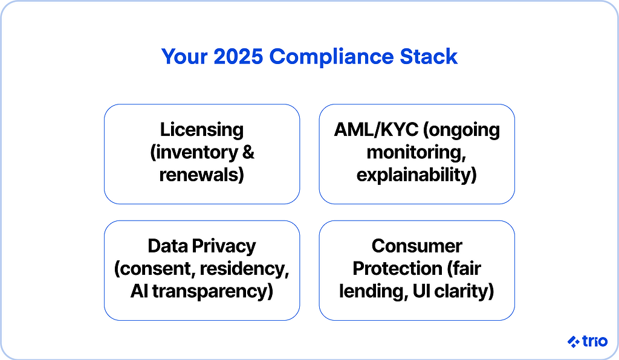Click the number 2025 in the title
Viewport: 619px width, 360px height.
tap(238, 56)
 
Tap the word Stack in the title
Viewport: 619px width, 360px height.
tap(429, 56)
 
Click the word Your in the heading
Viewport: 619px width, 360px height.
tap(184, 56)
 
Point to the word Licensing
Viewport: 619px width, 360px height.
tap(202, 130)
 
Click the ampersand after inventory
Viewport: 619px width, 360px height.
tap(248, 152)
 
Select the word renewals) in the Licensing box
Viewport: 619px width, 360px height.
tap(201, 175)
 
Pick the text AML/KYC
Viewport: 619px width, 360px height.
tap(376, 130)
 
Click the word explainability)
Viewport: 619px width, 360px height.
tap(416, 175)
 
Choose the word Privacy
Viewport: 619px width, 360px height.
tap(224, 246)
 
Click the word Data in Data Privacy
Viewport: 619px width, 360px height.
tap(167, 246)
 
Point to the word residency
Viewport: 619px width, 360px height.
tap(244, 269)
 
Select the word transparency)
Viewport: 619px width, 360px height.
tap(212, 291)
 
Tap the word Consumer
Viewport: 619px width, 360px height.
tap(416, 246)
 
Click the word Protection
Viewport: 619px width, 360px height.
tap(397, 269)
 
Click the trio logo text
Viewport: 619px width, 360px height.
tap(595, 341)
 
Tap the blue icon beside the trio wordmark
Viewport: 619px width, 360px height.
tap(574, 341)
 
